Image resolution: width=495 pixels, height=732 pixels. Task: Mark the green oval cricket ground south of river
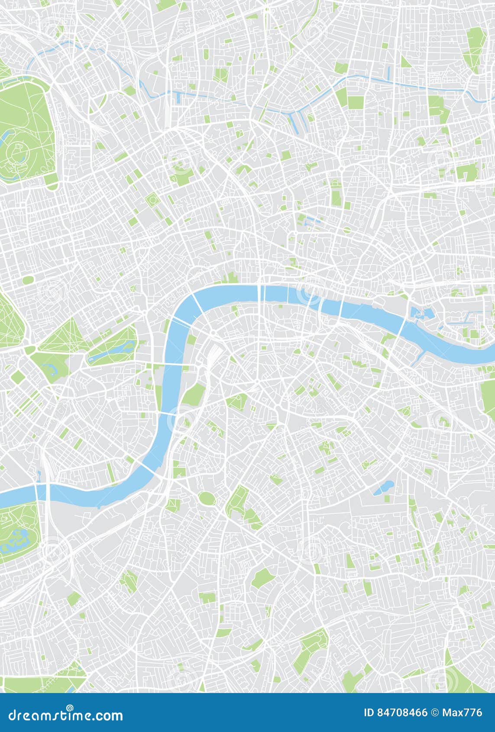pyautogui.click(x=207, y=499)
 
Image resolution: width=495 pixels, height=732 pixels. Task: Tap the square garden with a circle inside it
pyautogui.click(x=152, y=200)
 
